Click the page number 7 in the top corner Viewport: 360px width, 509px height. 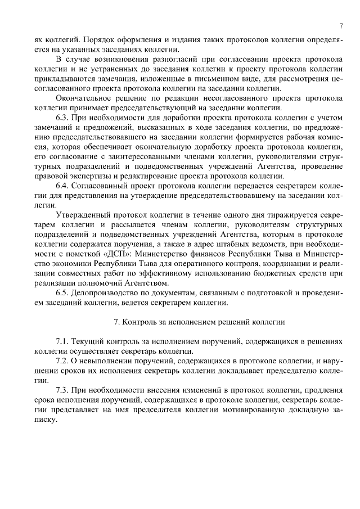[x=341, y=26]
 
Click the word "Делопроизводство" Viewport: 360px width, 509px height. [x=108, y=293]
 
